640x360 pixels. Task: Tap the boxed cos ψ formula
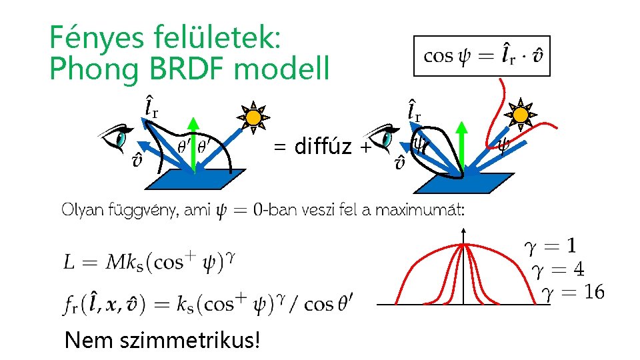[x=482, y=55]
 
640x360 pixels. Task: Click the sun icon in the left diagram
[x=253, y=118]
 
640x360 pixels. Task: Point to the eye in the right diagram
[x=385, y=138]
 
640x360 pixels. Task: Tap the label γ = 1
[x=551, y=247]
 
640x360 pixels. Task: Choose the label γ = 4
[x=558, y=269]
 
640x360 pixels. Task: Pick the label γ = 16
[x=573, y=291]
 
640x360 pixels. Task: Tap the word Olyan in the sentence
[x=82, y=211]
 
